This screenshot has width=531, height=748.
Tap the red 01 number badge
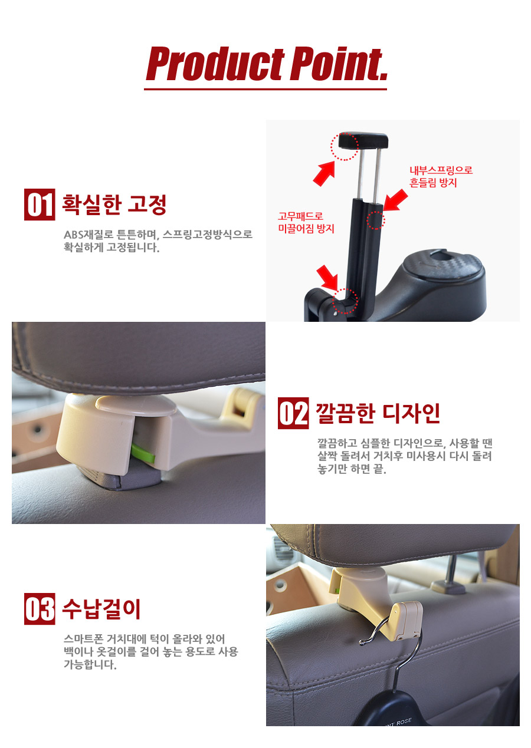pos(40,205)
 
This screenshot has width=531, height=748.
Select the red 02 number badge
pos(293,413)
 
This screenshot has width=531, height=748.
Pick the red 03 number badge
pos(40,609)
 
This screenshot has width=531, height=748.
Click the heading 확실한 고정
pos(114,205)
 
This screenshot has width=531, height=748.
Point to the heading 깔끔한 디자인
pos(378,413)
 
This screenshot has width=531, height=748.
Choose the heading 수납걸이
pos(101,609)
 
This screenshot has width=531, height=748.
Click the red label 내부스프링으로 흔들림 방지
pos(441,176)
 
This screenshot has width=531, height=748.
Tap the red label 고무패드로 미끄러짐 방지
pos(306,222)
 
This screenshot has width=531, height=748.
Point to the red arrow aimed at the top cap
pos(324,173)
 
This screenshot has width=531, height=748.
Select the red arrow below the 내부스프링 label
pos(396,200)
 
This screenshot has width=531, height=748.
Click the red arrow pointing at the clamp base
pos(327,277)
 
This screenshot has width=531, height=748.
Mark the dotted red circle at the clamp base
pos(345,301)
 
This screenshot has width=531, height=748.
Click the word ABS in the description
pos(73,235)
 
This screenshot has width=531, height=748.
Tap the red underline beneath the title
pos(265,89)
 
